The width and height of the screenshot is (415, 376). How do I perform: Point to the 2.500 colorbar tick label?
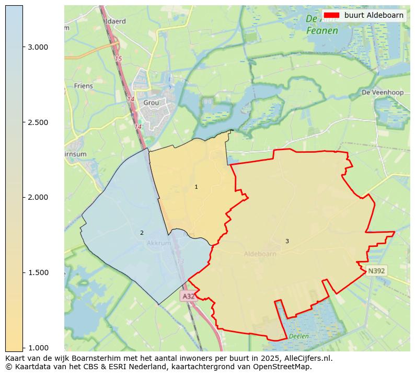pos(38,122)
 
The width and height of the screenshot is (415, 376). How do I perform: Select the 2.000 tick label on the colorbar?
pos(38,197)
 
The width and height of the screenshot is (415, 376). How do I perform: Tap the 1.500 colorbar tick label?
pos(38,272)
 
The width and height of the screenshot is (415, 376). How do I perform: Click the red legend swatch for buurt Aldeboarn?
pos(331,15)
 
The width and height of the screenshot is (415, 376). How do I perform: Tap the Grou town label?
pos(151,103)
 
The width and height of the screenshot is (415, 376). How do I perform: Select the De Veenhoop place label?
pos(383,93)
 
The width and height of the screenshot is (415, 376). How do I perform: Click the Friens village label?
pos(84,86)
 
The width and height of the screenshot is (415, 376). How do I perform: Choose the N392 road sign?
pos(376,271)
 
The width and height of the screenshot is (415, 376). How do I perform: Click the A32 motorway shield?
pos(188,296)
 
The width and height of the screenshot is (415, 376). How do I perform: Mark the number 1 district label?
pos(196,187)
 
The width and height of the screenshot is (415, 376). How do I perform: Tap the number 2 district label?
pos(142,233)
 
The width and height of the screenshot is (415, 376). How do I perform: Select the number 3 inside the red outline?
pos(287,241)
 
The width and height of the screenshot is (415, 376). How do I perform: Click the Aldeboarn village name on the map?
pos(260,254)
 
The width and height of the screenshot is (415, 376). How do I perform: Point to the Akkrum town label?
pos(158,243)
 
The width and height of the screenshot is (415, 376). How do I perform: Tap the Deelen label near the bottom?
pos(298,336)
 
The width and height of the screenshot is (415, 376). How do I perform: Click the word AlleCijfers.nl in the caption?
pos(306,359)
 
